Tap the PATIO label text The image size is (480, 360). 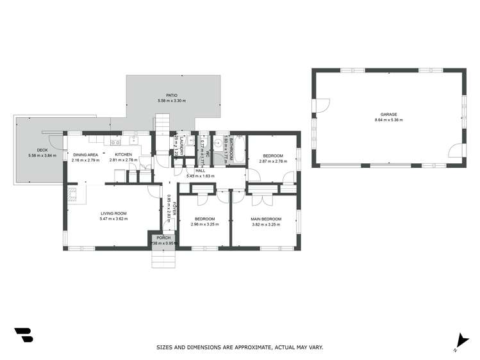[172, 95]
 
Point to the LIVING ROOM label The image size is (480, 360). [113, 213]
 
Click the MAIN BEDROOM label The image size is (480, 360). [264, 219]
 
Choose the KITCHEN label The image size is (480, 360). [124, 154]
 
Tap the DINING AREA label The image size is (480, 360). [85, 154]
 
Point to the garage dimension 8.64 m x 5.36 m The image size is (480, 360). [388, 120]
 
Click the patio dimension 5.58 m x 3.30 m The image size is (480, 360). [172, 101]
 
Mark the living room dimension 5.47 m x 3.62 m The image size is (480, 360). [113, 218]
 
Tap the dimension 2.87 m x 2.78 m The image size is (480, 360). [272, 161]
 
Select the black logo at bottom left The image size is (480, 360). [23, 335]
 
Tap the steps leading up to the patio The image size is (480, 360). [161, 122]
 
